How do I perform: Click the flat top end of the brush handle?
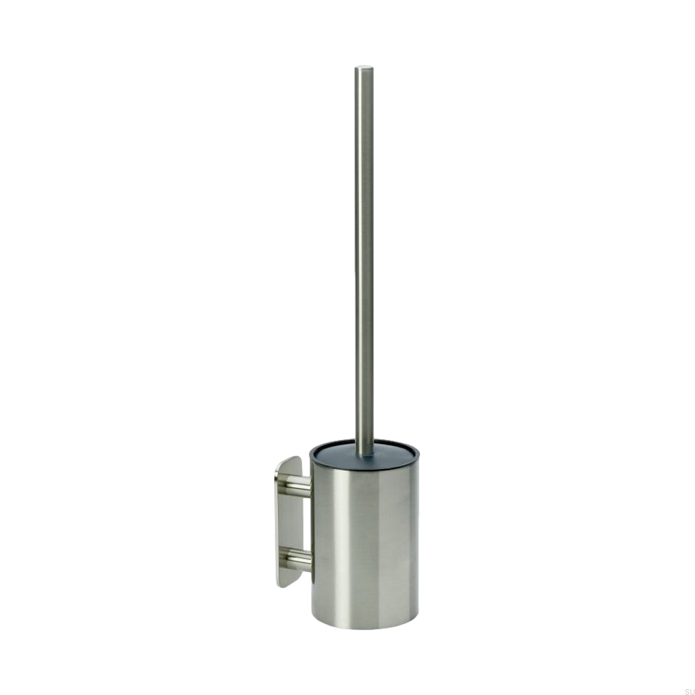pyautogui.click(x=363, y=68)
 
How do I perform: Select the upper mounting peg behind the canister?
pyautogui.click(x=298, y=484)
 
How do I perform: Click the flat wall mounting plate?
pyautogui.click(x=289, y=522)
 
